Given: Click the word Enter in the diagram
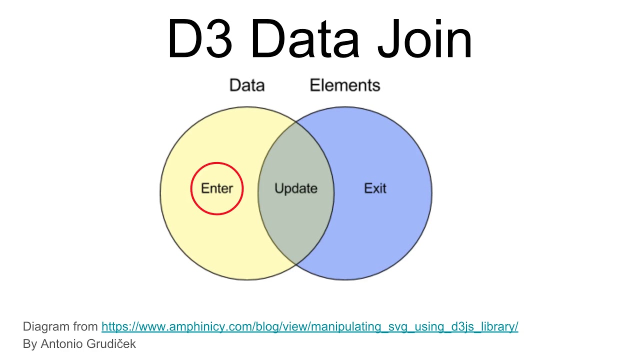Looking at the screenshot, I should [x=217, y=188].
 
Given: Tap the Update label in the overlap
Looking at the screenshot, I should [x=296, y=188].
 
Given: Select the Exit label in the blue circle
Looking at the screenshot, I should [x=375, y=188].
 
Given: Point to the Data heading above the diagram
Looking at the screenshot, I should [x=247, y=85].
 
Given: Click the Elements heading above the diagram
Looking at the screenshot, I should [x=345, y=85].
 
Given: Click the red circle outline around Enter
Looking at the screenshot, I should [x=217, y=163].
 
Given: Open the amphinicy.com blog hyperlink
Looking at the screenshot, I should [x=309, y=327].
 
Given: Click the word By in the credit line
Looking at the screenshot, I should [x=29, y=344].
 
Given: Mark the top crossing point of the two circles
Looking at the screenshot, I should [x=296, y=121].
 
